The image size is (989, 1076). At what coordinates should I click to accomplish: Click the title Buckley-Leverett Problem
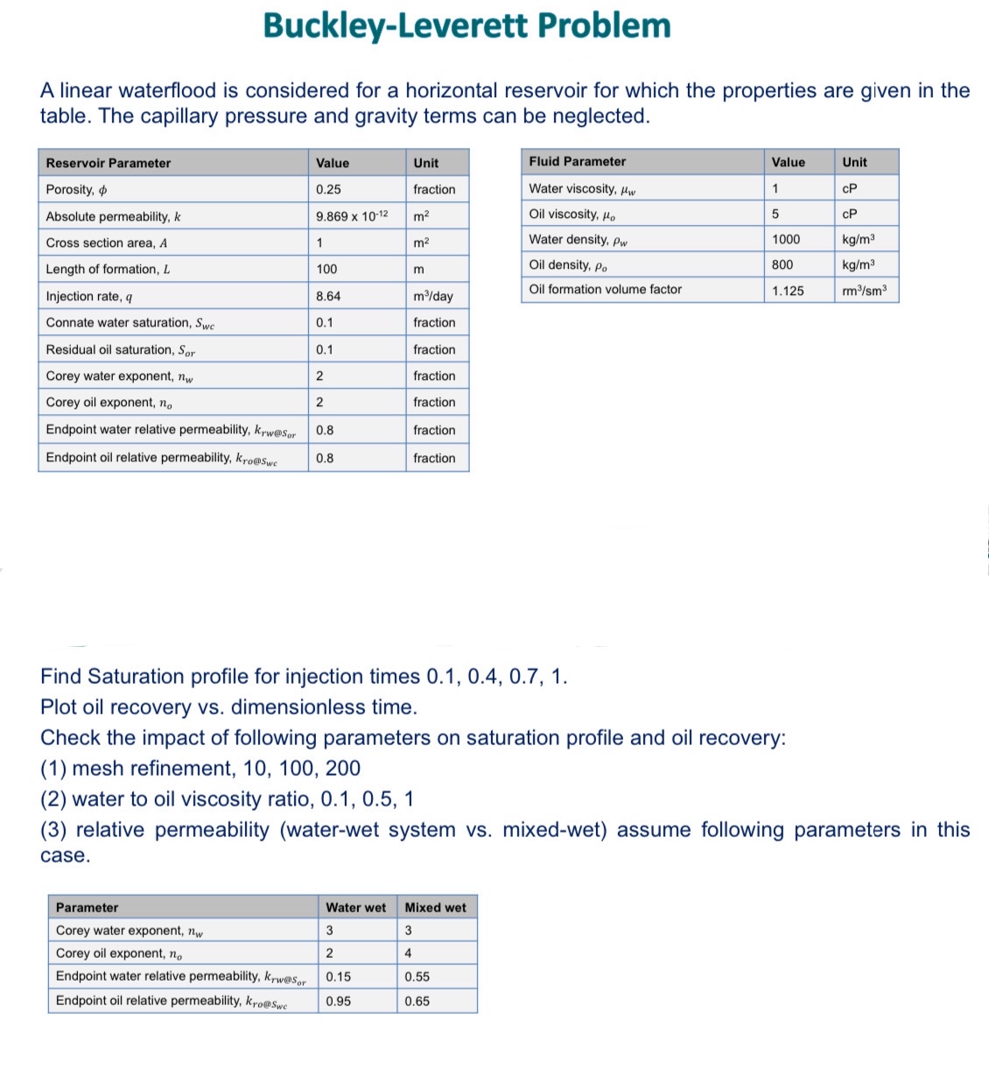pyautogui.click(x=466, y=26)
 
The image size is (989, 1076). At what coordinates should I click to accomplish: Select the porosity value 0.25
pyautogui.click(x=328, y=189)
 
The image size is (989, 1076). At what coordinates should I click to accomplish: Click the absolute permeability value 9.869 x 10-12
pyautogui.click(x=352, y=216)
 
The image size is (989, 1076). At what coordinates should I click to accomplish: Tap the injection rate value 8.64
pyautogui.click(x=328, y=296)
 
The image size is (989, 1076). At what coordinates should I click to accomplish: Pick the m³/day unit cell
pyautogui.click(x=433, y=296)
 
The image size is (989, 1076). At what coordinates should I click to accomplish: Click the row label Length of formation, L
pyautogui.click(x=108, y=269)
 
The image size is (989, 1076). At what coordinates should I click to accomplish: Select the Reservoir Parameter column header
pyautogui.click(x=109, y=163)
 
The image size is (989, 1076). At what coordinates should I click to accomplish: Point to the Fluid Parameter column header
pyautogui.click(x=578, y=161)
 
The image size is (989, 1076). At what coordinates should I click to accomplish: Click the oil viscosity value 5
pyautogui.click(x=775, y=214)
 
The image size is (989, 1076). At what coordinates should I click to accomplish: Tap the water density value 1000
pyautogui.click(x=786, y=239)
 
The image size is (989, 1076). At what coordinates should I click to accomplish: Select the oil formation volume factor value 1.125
pyautogui.click(x=788, y=291)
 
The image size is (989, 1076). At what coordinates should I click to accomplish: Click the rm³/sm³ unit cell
pyautogui.click(x=864, y=291)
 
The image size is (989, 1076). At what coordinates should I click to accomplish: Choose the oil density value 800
pyautogui.click(x=782, y=264)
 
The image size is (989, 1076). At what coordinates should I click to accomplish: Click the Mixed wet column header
pyautogui.click(x=435, y=907)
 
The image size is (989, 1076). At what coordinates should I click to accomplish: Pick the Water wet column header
pyautogui.click(x=355, y=907)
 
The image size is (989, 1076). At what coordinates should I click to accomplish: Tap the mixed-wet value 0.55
pyautogui.click(x=417, y=976)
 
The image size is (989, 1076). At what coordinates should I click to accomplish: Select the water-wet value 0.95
pyautogui.click(x=339, y=1001)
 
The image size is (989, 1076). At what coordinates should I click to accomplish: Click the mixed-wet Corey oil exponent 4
pyautogui.click(x=408, y=953)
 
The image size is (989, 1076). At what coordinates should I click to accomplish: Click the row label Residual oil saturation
pyautogui.click(x=121, y=349)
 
